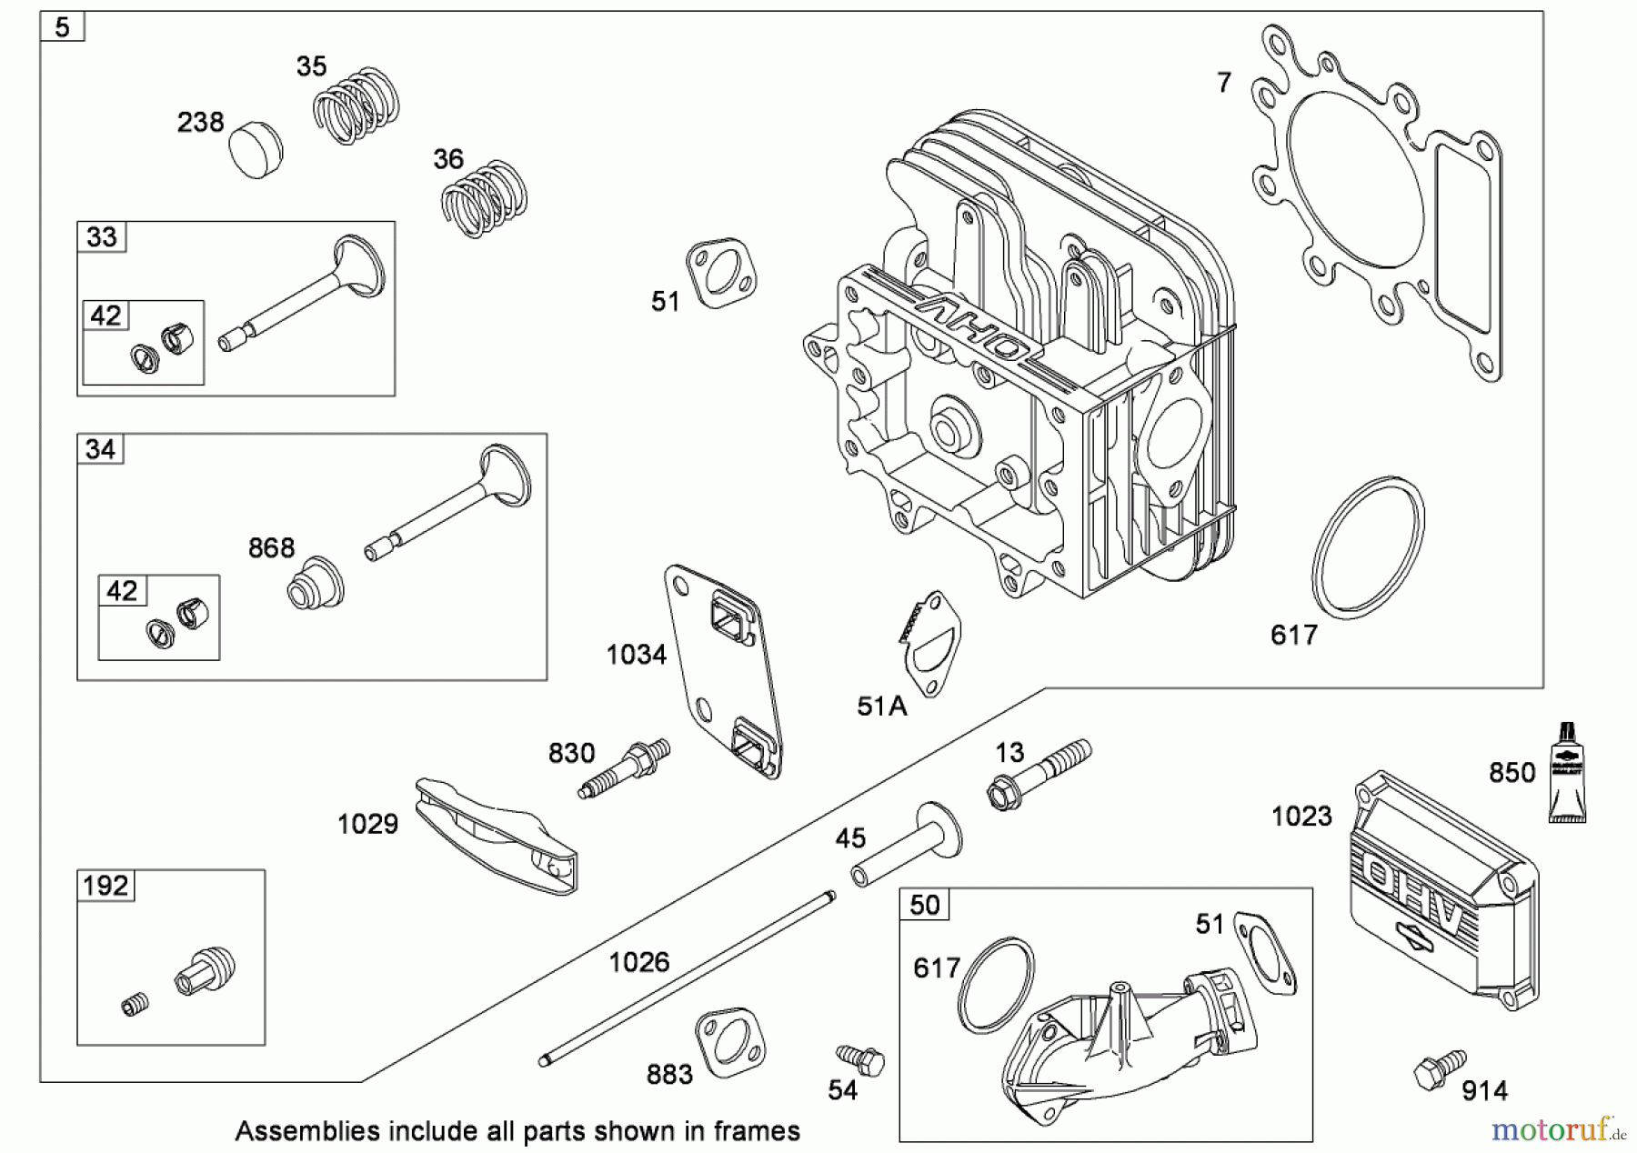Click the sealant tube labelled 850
pos(1567,773)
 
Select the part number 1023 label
pos(1301,817)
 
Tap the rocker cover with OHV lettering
pos(1444,891)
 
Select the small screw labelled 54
pos(860,1059)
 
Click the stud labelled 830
pos(625,768)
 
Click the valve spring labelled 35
pos(357,105)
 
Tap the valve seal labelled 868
pos(316,581)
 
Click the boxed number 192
pos(105,885)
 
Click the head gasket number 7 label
pos(1224,83)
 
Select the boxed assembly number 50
pos(924,905)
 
